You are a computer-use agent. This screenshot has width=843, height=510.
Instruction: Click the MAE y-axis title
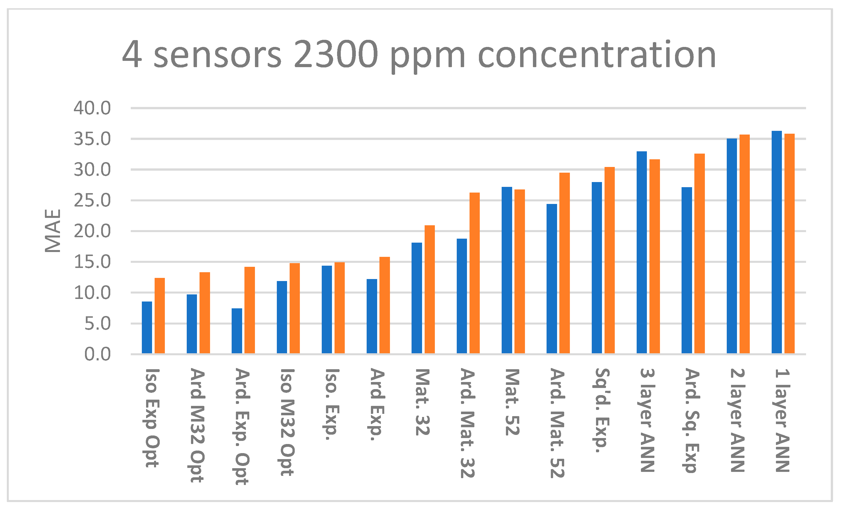click(53, 231)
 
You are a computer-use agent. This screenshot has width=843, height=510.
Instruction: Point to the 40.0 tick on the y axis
click(92, 108)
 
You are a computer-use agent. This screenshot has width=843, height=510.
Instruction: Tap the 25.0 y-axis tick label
click(92, 201)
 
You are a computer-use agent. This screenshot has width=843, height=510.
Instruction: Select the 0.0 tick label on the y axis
click(97, 355)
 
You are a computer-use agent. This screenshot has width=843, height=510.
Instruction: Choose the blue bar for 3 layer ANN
click(641, 252)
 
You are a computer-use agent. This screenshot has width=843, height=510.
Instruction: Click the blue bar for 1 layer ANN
click(776, 242)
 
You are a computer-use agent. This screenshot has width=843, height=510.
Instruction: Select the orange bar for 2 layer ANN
click(744, 244)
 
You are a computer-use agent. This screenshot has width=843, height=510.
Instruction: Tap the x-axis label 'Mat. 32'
click(422, 402)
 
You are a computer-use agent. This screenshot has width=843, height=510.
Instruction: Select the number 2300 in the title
click(336, 55)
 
